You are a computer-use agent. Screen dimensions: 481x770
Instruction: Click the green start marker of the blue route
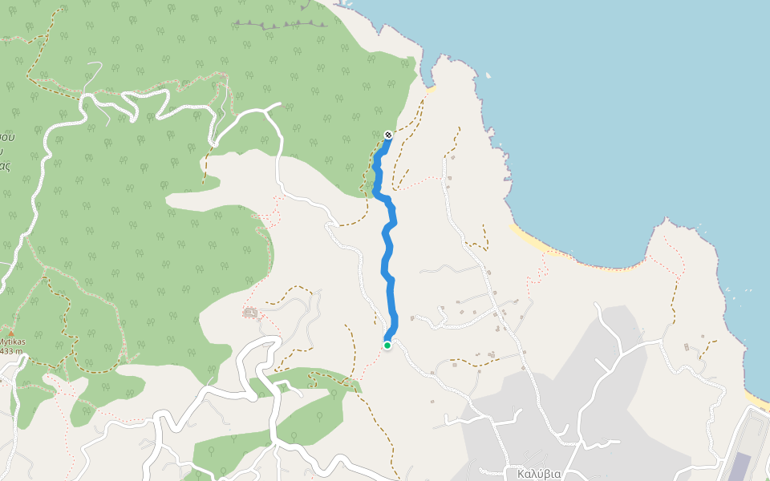(x=387, y=346)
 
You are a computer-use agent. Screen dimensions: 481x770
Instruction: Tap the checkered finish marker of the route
(x=388, y=135)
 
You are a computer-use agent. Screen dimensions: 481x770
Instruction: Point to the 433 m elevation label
(x=11, y=351)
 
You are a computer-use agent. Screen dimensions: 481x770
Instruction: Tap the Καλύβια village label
(x=539, y=474)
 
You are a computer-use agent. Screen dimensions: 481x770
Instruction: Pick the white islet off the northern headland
(x=488, y=76)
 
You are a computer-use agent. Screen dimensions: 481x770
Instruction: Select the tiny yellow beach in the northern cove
(x=430, y=89)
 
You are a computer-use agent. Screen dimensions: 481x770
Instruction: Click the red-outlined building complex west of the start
(x=251, y=312)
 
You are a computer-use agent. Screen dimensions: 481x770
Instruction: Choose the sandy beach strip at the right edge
(x=756, y=399)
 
